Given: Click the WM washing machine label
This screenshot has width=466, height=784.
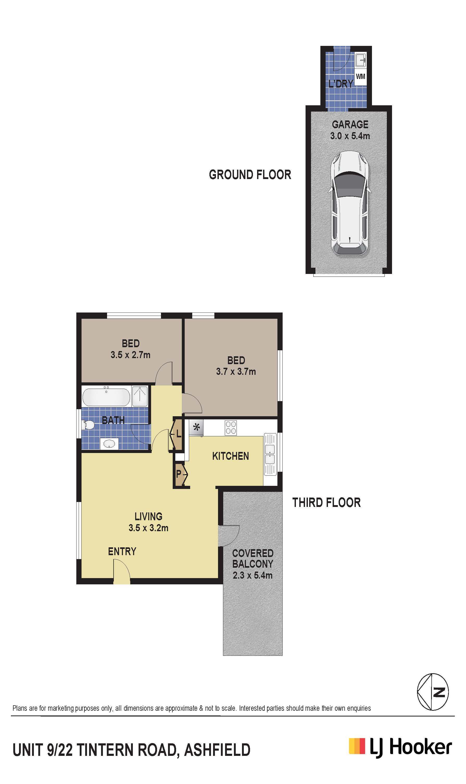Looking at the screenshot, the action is pyautogui.click(x=361, y=76).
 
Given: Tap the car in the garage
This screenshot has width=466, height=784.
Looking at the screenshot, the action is pyautogui.click(x=350, y=204).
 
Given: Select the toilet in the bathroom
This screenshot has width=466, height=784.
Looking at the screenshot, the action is pyautogui.click(x=88, y=425).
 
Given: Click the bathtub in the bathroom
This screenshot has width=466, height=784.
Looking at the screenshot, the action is pyautogui.click(x=106, y=397).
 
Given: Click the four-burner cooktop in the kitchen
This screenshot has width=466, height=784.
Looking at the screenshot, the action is pyautogui.click(x=231, y=428).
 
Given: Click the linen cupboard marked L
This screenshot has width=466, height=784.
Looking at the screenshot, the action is pyautogui.click(x=176, y=435).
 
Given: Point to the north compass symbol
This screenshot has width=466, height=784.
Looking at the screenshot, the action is pyautogui.click(x=433, y=692).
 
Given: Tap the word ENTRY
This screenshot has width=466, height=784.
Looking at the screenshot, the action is pyautogui.click(x=122, y=551).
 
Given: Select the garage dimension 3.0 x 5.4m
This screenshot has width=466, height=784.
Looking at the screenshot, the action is pyautogui.click(x=350, y=136).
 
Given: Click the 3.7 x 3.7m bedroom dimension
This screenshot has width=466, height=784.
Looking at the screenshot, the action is pyautogui.click(x=236, y=372).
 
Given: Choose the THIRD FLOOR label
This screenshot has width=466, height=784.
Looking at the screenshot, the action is pyautogui.click(x=326, y=503).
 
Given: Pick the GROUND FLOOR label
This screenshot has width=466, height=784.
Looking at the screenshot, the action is pyautogui.click(x=250, y=175).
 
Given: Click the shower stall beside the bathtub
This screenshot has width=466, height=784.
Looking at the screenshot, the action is pyautogui.click(x=139, y=396).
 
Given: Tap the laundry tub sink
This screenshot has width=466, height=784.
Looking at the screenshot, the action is pyautogui.click(x=361, y=60).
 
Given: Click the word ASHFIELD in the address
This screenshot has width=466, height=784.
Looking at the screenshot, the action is pyautogui.click(x=217, y=750).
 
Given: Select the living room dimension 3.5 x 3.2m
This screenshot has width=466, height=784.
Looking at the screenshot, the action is pyautogui.click(x=148, y=528).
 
